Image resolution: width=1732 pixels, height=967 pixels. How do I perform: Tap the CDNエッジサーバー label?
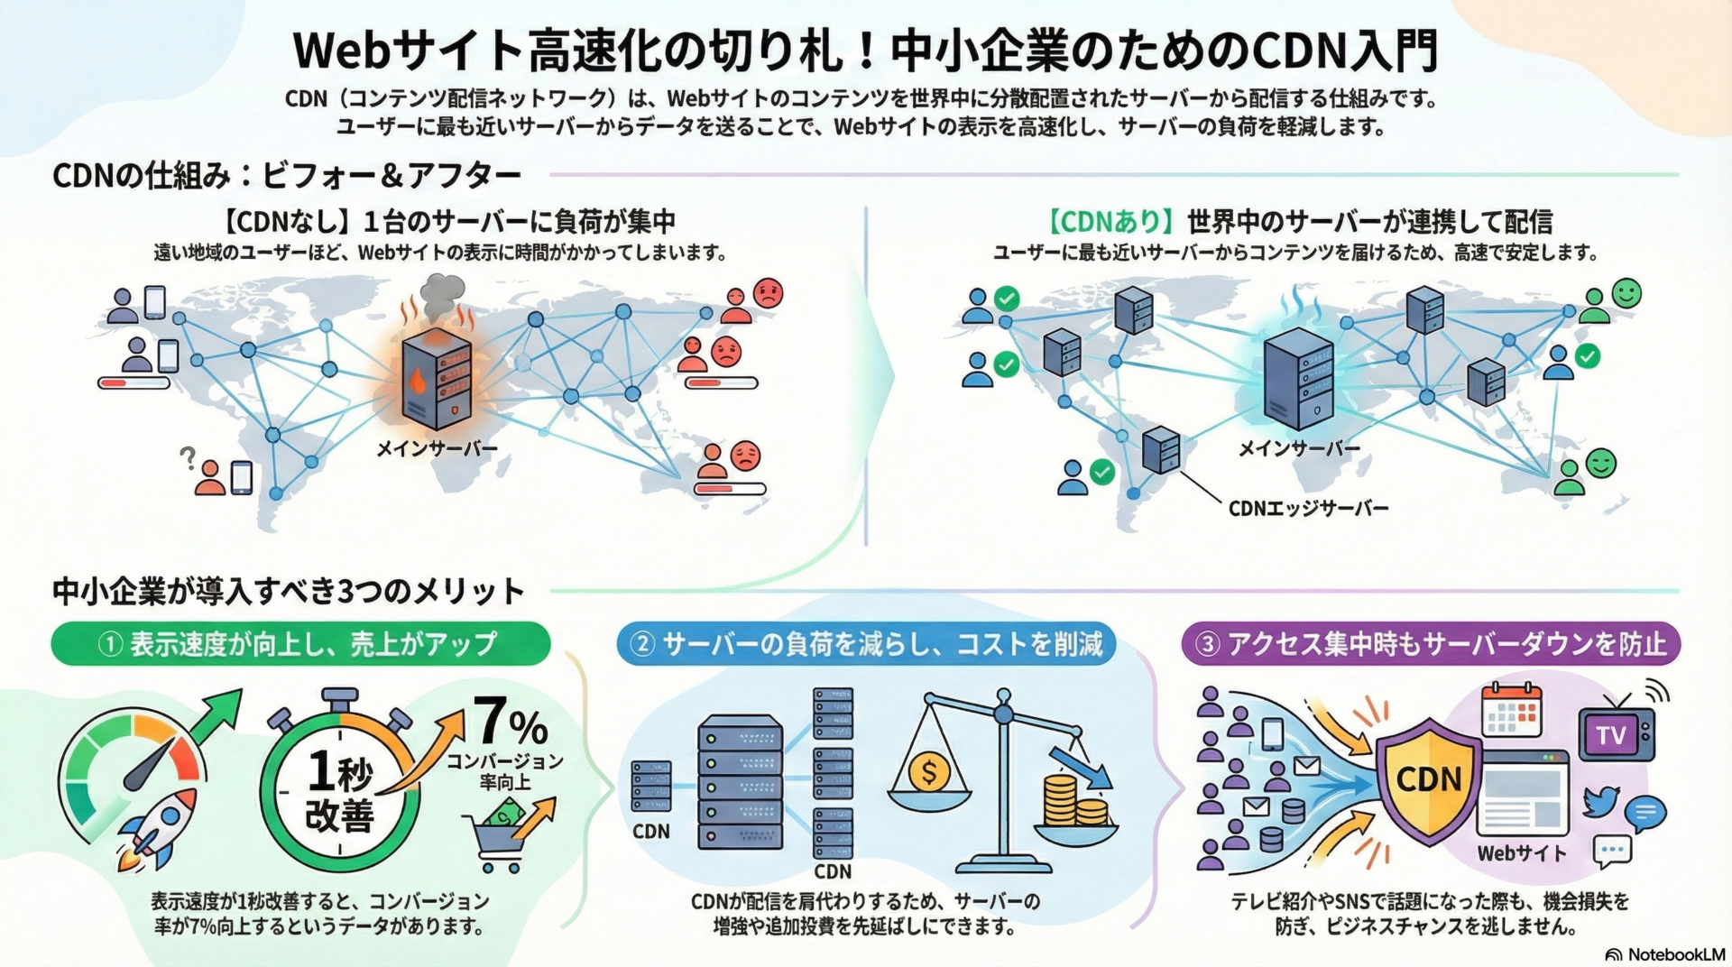[x=1308, y=509]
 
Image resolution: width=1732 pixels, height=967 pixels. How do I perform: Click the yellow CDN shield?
[x=1428, y=780]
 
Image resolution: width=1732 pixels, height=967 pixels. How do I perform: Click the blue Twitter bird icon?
[x=1601, y=800]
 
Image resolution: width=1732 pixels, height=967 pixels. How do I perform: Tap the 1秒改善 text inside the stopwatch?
[x=339, y=792]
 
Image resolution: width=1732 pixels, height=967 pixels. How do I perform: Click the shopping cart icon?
[x=496, y=839]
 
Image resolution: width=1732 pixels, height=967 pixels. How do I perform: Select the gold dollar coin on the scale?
[x=929, y=772]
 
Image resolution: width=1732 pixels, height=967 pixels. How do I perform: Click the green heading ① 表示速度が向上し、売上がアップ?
[x=300, y=644]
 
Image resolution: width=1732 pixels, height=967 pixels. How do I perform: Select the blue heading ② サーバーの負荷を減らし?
[x=866, y=644]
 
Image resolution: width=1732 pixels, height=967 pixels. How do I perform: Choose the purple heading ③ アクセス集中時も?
[x=1431, y=644]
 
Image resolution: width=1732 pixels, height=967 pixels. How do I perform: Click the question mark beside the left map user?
[x=188, y=458]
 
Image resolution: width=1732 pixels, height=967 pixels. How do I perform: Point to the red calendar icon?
[x=1512, y=710]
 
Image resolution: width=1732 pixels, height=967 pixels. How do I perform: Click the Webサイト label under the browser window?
[x=1522, y=852]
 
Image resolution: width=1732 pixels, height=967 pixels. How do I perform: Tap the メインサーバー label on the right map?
[x=1299, y=448]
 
